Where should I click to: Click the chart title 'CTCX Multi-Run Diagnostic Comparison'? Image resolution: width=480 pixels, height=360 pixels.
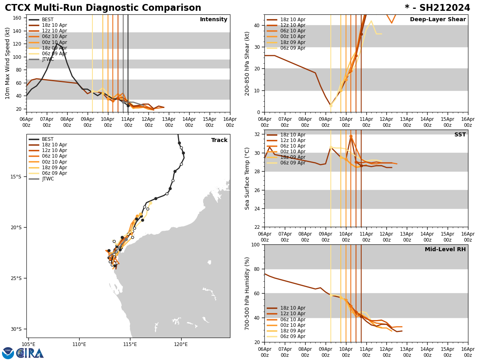tap(103, 8)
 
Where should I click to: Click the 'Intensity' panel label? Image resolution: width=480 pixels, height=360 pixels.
tap(214, 20)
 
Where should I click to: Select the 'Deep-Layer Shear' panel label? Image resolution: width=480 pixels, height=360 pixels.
tap(438, 20)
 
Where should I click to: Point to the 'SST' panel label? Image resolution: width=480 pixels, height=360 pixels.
tap(460, 135)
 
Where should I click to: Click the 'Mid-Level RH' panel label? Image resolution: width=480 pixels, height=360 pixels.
tap(445, 250)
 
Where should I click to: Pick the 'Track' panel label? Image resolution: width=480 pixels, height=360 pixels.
tap(219, 140)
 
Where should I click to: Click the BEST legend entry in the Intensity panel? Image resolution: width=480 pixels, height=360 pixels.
tap(48, 20)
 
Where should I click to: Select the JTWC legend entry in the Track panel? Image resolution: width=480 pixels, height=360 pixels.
tap(48, 179)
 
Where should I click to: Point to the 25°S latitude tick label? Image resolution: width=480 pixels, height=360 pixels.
tap(16, 278)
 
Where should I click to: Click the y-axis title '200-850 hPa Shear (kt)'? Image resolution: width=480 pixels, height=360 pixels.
tap(248, 64)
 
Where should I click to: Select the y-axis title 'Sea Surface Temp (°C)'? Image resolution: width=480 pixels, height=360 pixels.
tap(248, 178)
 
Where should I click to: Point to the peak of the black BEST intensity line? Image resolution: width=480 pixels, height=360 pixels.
tap(57, 43)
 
